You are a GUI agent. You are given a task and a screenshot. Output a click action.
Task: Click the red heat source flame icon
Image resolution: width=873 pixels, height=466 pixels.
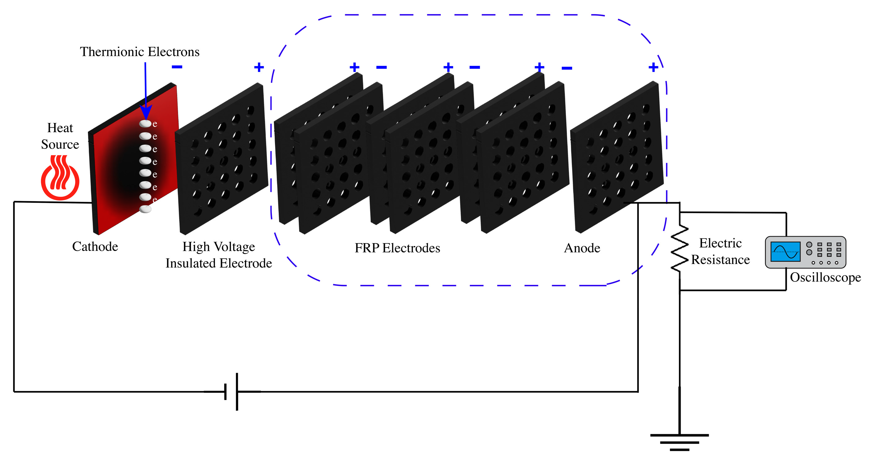(60, 177)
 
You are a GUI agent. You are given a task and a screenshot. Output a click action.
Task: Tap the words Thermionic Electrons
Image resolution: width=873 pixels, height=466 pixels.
(140, 52)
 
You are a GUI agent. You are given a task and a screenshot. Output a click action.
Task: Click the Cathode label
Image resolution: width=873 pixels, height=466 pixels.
(95, 247)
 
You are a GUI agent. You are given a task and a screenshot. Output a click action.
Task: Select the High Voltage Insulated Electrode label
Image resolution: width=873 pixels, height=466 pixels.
(219, 255)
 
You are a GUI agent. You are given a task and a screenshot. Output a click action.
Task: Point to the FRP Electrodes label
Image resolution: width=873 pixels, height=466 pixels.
(397, 248)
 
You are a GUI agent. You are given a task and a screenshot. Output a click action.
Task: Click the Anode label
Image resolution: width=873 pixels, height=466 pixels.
(582, 248)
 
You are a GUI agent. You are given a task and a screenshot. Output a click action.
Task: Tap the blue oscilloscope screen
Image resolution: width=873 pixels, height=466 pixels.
(785, 252)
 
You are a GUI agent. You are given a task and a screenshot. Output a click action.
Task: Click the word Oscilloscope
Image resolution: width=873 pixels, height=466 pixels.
(825, 277)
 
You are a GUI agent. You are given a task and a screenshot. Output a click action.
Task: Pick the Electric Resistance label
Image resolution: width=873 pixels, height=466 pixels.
(720, 251)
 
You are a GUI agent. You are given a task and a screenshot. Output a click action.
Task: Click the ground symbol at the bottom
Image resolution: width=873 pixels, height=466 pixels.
(679, 442)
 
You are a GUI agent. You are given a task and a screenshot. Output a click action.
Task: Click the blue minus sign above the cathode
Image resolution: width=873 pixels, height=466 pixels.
(177, 67)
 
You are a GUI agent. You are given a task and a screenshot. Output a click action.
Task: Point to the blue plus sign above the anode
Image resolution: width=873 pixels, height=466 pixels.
(653, 67)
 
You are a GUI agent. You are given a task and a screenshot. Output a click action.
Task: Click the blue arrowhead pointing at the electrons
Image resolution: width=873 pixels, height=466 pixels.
(146, 112)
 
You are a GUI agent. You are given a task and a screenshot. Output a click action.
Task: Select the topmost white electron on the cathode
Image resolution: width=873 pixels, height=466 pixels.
(145, 124)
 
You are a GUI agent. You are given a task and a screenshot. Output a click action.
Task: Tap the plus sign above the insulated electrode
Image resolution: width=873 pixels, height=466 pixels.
(259, 67)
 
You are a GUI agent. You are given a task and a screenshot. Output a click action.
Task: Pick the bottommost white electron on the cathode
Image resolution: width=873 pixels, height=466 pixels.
(145, 209)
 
